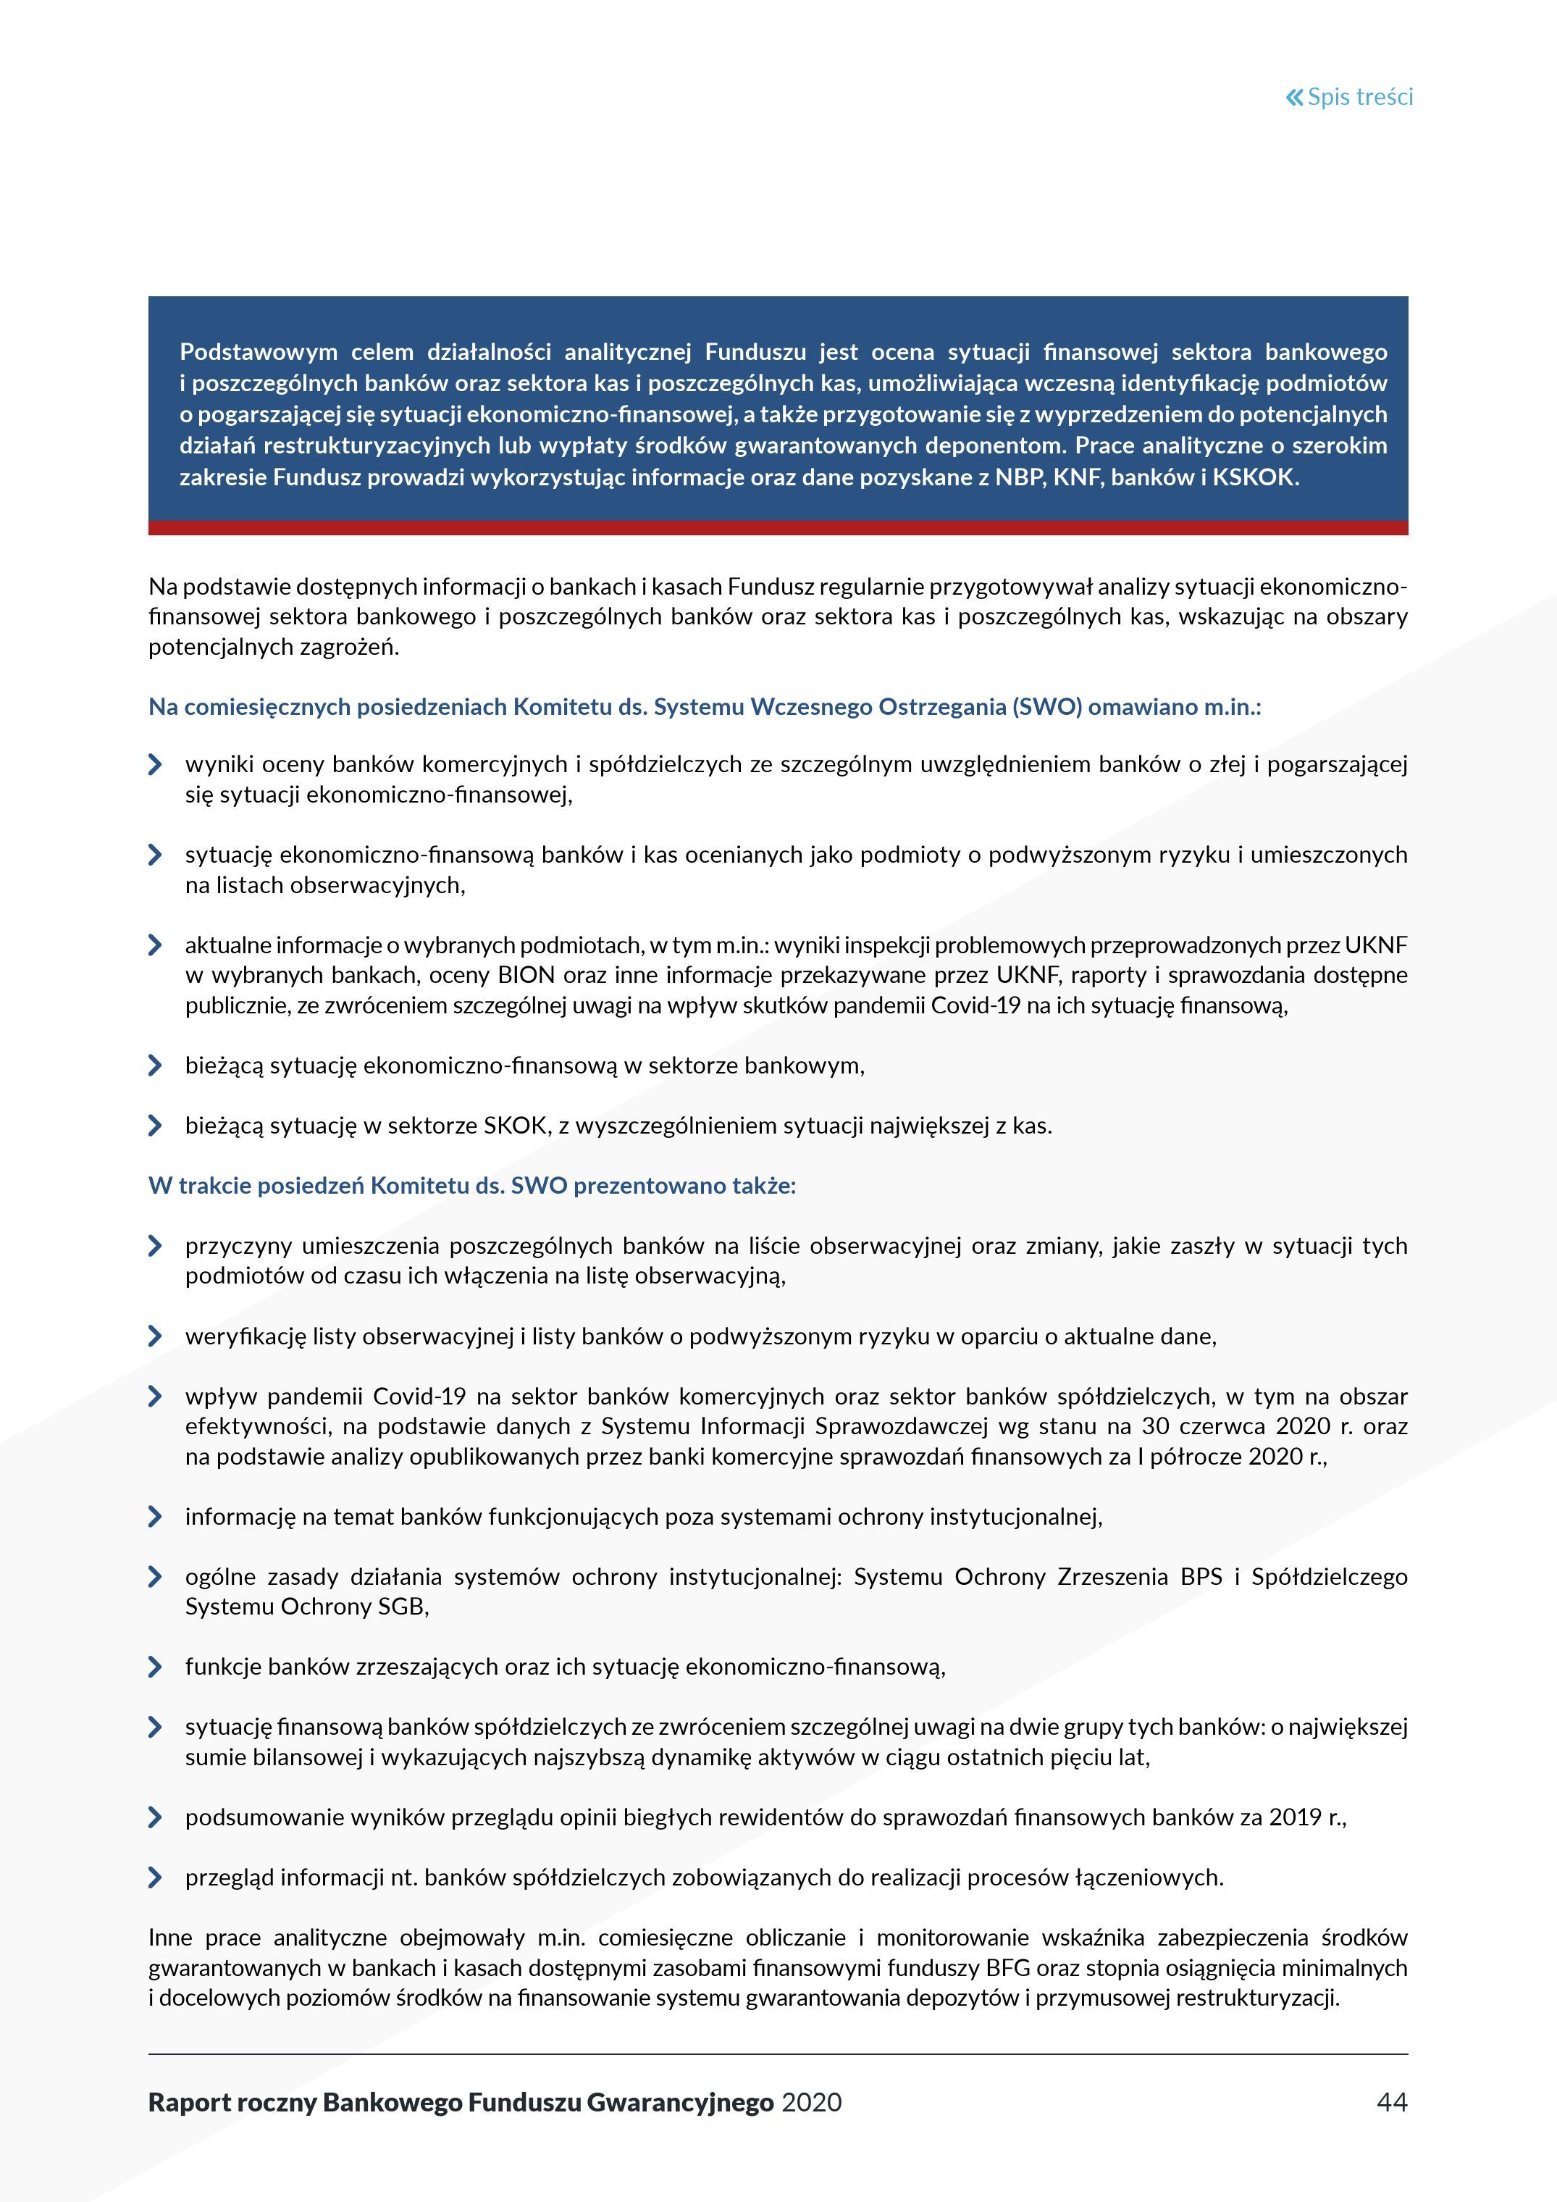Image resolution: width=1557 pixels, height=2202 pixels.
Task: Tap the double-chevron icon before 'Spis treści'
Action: pyautogui.click(x=1294, y=97)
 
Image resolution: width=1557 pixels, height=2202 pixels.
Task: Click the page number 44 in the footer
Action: pyautogui.click(x=1391, y=2102)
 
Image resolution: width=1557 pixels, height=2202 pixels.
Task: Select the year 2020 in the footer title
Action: pyautogui.click(x=811, y=2102)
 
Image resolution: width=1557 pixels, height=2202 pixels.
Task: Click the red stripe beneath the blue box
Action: pyautogui.click(x=778, y=527)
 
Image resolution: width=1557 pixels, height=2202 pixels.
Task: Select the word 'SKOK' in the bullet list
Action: pyautogui.click(x=515, y=1126)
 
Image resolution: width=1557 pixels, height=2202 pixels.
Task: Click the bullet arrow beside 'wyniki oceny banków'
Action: pyautogui.click(x=155, y=764)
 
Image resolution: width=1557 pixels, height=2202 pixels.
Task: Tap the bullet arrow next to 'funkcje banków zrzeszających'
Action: pyautogui.click(x=155, y=1667)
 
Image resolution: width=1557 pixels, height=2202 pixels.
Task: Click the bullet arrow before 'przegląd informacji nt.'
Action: pyautogui.click(x=155, y=1877)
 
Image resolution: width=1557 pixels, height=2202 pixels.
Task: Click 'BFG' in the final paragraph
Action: pyautogui.click(x=1007, y=1967)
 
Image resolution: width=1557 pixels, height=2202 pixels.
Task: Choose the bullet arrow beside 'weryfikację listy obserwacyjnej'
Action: pyautogui.click(x=155, y=1336)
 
